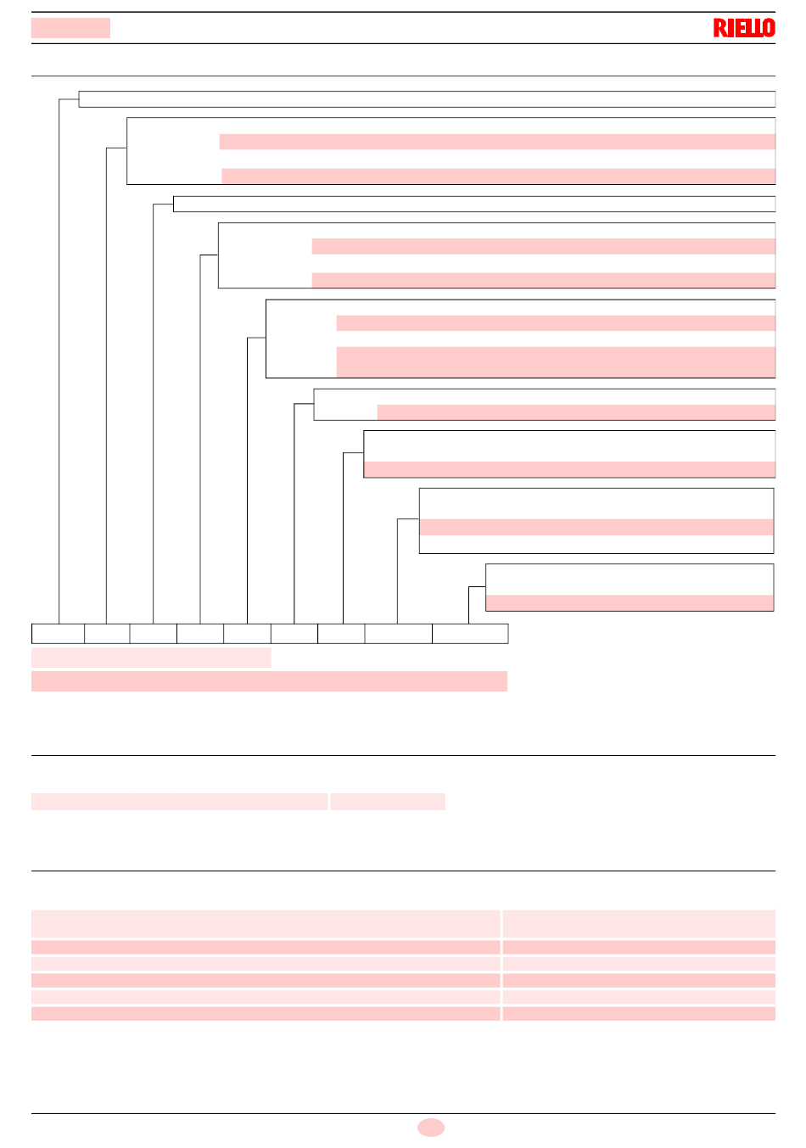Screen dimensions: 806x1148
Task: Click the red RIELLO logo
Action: pos(743,28)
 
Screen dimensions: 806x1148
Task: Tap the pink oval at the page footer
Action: pos(430,1128)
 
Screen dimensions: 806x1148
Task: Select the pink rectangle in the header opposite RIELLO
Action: pos(70,28)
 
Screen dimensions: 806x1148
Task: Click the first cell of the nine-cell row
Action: pos(58,634)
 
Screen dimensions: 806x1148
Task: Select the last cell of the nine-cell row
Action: pos(470,634)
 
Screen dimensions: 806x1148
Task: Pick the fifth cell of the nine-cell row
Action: pos(247,634)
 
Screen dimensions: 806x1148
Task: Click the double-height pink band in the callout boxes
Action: pos(556,361)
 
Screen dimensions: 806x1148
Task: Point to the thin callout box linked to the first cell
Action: pos(427,99)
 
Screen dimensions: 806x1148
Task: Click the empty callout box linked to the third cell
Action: pos(474,204)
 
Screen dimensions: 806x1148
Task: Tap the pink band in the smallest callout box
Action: pos(630,602)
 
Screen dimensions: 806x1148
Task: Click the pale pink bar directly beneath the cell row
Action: pos(151,658)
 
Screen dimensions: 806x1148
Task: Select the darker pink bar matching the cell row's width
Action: pos(269,681)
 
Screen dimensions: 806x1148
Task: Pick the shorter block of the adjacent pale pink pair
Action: pos(388,802)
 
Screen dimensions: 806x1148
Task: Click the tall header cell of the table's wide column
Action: pos(266,923)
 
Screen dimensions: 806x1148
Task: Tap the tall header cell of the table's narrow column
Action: pos(639,923)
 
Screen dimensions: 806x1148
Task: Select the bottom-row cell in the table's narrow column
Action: pos(639,1013)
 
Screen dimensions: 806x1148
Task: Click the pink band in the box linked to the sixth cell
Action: pos(576,412)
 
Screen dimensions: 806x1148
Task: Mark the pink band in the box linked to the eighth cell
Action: pos(596,527)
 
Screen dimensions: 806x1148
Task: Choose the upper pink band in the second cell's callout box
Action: pos(497,142)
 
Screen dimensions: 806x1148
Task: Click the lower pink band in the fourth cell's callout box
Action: pos(543,280)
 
